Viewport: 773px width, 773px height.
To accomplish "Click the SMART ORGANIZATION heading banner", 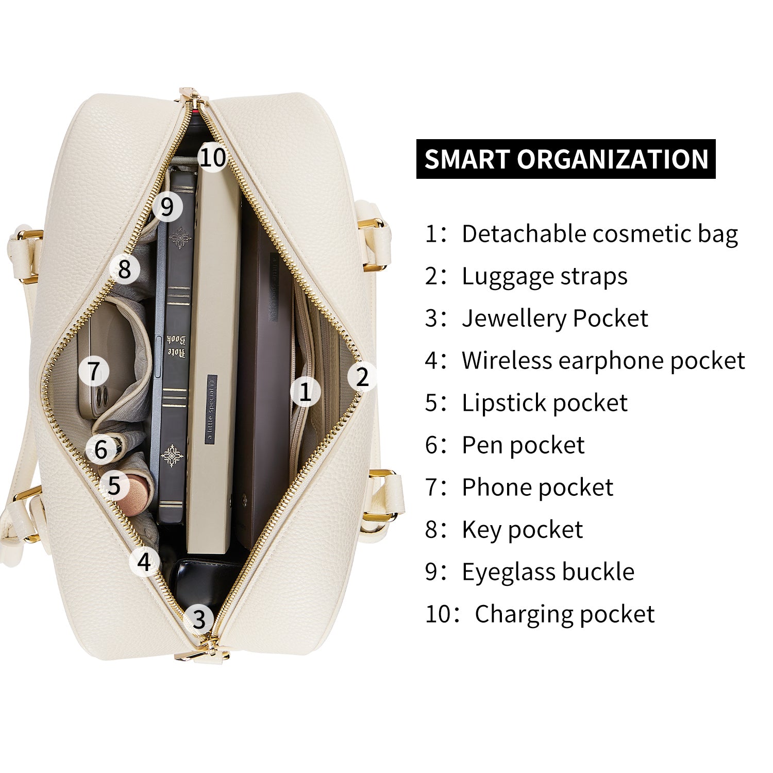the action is pyautogui.click(x=566, y=159).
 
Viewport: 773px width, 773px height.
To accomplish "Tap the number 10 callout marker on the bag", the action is pyautogui.click(x=213, y=157).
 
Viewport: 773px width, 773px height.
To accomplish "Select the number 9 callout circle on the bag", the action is pyautogui.click(x=167, y=207).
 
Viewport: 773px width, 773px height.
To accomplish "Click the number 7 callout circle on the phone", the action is pyautogui.click(x=93, y=371).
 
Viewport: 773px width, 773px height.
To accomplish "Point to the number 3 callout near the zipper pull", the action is pyautogui.click(x=199, y=619).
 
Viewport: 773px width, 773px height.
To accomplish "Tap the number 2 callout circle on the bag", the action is pyautogui.click(x=362, y=377).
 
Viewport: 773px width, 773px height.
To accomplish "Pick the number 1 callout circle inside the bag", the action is pyautogui.click(x=305, y=392).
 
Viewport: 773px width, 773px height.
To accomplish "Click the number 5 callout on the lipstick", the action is pyautogui.click(x=114, y=485).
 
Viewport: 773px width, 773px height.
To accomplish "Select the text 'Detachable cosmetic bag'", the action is pyautogui.click(x=600, y=234).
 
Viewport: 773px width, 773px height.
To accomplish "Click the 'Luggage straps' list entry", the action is pyautogui.click(x=545, y=276).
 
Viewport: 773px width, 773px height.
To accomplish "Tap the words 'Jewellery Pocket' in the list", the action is pyautogui.click(x=555, y=318).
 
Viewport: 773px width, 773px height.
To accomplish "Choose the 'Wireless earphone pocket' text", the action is pyautogui.click(x=603, y=361).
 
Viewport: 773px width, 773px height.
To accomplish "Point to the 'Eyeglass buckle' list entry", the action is pyautogui.click(x=548, y=572).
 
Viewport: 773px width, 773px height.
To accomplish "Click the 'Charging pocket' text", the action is pyautogui.click(x=565, y=614).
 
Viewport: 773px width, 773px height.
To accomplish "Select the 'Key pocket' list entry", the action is pyautogui.click(x=523, y=530).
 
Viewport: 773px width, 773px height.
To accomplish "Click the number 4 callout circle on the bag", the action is pyautogui.click(x=145, y=562).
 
